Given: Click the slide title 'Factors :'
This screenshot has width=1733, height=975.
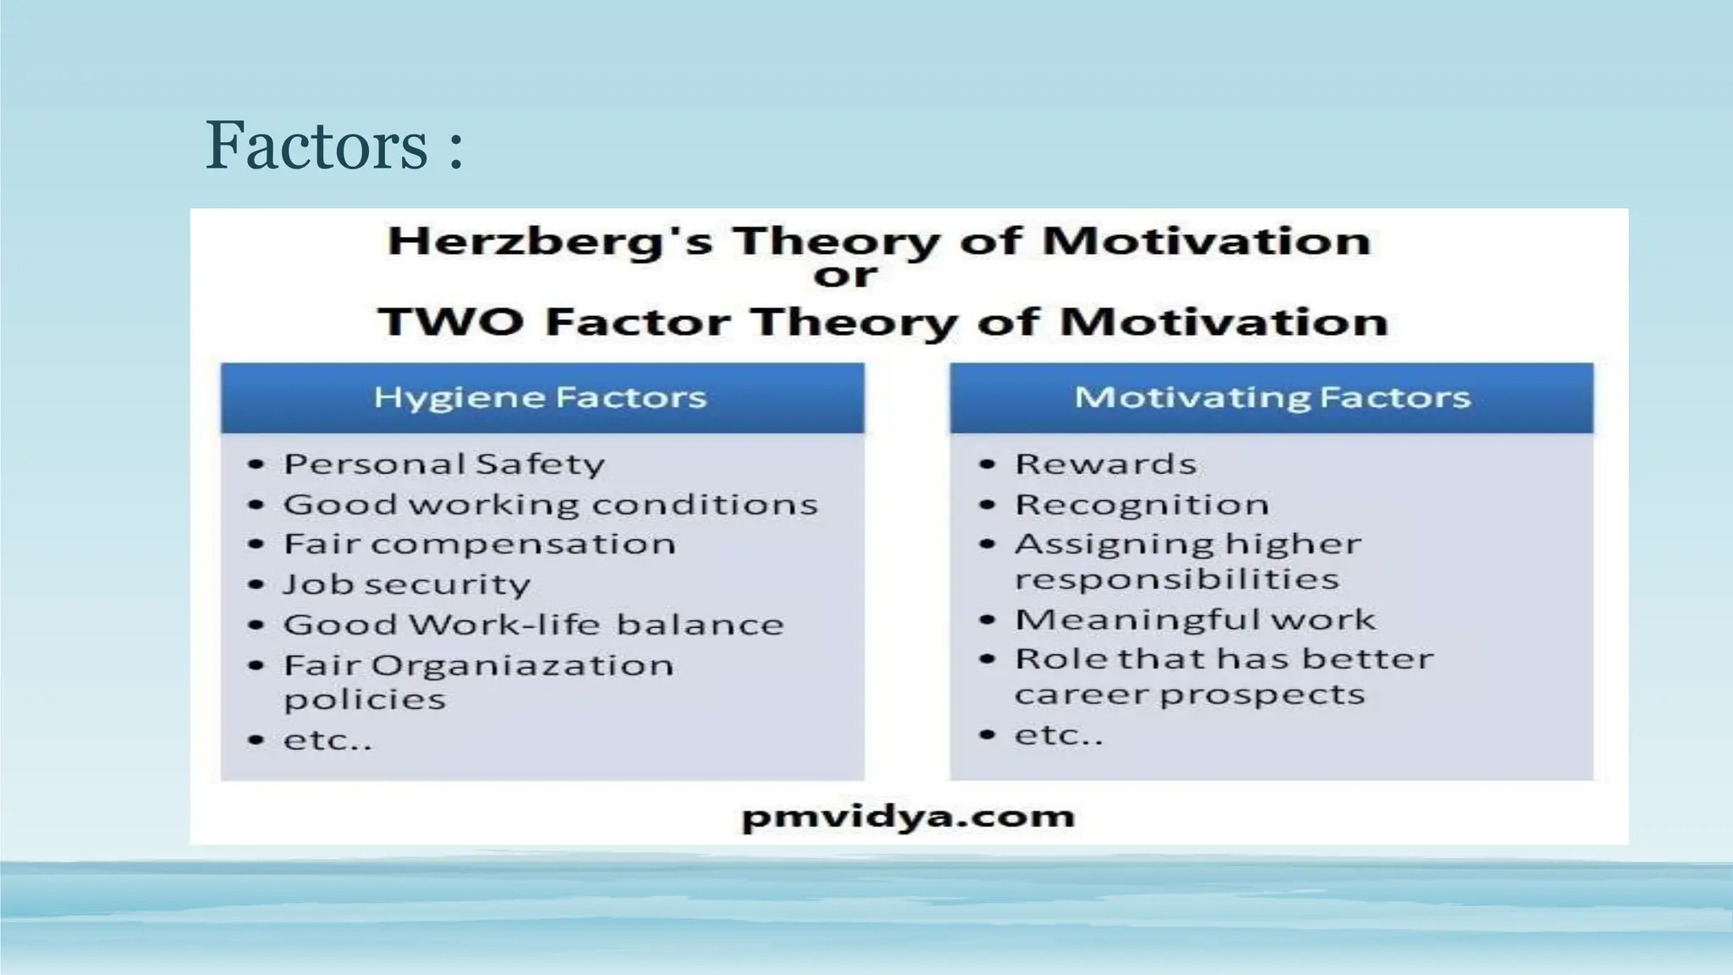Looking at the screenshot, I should click(334, 146).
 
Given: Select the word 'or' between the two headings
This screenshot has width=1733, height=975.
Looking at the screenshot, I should click(845, 275).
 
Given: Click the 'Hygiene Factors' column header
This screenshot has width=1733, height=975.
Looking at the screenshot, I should click(542, 398).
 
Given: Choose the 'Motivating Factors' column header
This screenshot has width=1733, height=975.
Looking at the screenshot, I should click(1272, 398).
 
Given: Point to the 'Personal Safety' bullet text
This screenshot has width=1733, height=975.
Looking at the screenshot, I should click(444, 464).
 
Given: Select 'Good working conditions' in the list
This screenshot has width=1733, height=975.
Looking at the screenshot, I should click(550, 504).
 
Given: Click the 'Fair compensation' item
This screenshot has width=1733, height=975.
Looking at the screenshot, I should click(480, 543).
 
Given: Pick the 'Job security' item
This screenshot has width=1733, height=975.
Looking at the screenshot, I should click(407, 584).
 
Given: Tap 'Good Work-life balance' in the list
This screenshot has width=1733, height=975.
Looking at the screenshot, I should click(533, 625).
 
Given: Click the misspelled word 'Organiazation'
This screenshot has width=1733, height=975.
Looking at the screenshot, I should click(522, 665).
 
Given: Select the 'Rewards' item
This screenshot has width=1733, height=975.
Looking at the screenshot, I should click(1106, 464).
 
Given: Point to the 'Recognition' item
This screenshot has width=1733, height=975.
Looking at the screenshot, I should click(1142, 504).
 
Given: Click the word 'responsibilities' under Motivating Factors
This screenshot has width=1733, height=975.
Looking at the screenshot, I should click(1177, 580).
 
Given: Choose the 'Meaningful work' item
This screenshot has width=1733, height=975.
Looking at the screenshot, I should click(1195, 620).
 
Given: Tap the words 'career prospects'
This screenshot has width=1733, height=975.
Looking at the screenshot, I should click(1190, 695).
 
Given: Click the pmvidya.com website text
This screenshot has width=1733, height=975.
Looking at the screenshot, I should click(908, 816).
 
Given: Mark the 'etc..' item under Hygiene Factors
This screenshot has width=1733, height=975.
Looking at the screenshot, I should click(327, 741).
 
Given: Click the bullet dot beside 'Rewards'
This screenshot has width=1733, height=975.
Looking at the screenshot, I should click(987, 464).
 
